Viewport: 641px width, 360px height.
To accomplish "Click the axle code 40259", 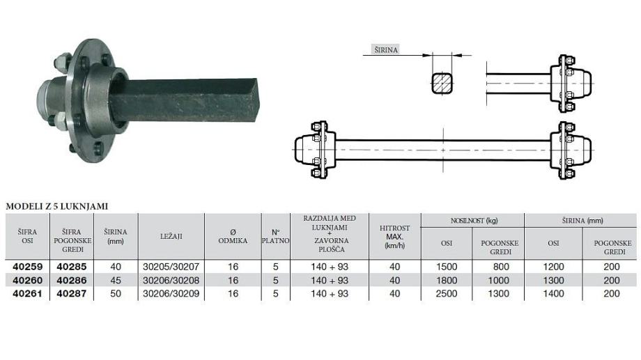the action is tap(27, 267).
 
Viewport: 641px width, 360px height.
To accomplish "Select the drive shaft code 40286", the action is tap(72, 281).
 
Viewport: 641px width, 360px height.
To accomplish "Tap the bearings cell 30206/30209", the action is tap(171, 293).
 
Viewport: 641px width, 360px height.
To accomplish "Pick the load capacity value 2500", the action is tap(447, 293).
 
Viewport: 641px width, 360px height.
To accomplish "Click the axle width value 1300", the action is tap(553, 281).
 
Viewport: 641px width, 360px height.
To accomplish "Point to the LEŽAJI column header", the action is tap(171, 236).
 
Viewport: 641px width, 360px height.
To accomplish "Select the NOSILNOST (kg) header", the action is tap(474, 221).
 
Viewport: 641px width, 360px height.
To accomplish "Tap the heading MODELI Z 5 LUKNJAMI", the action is tap(57, 206).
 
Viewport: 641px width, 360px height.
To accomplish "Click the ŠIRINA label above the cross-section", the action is tap(386, 50).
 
